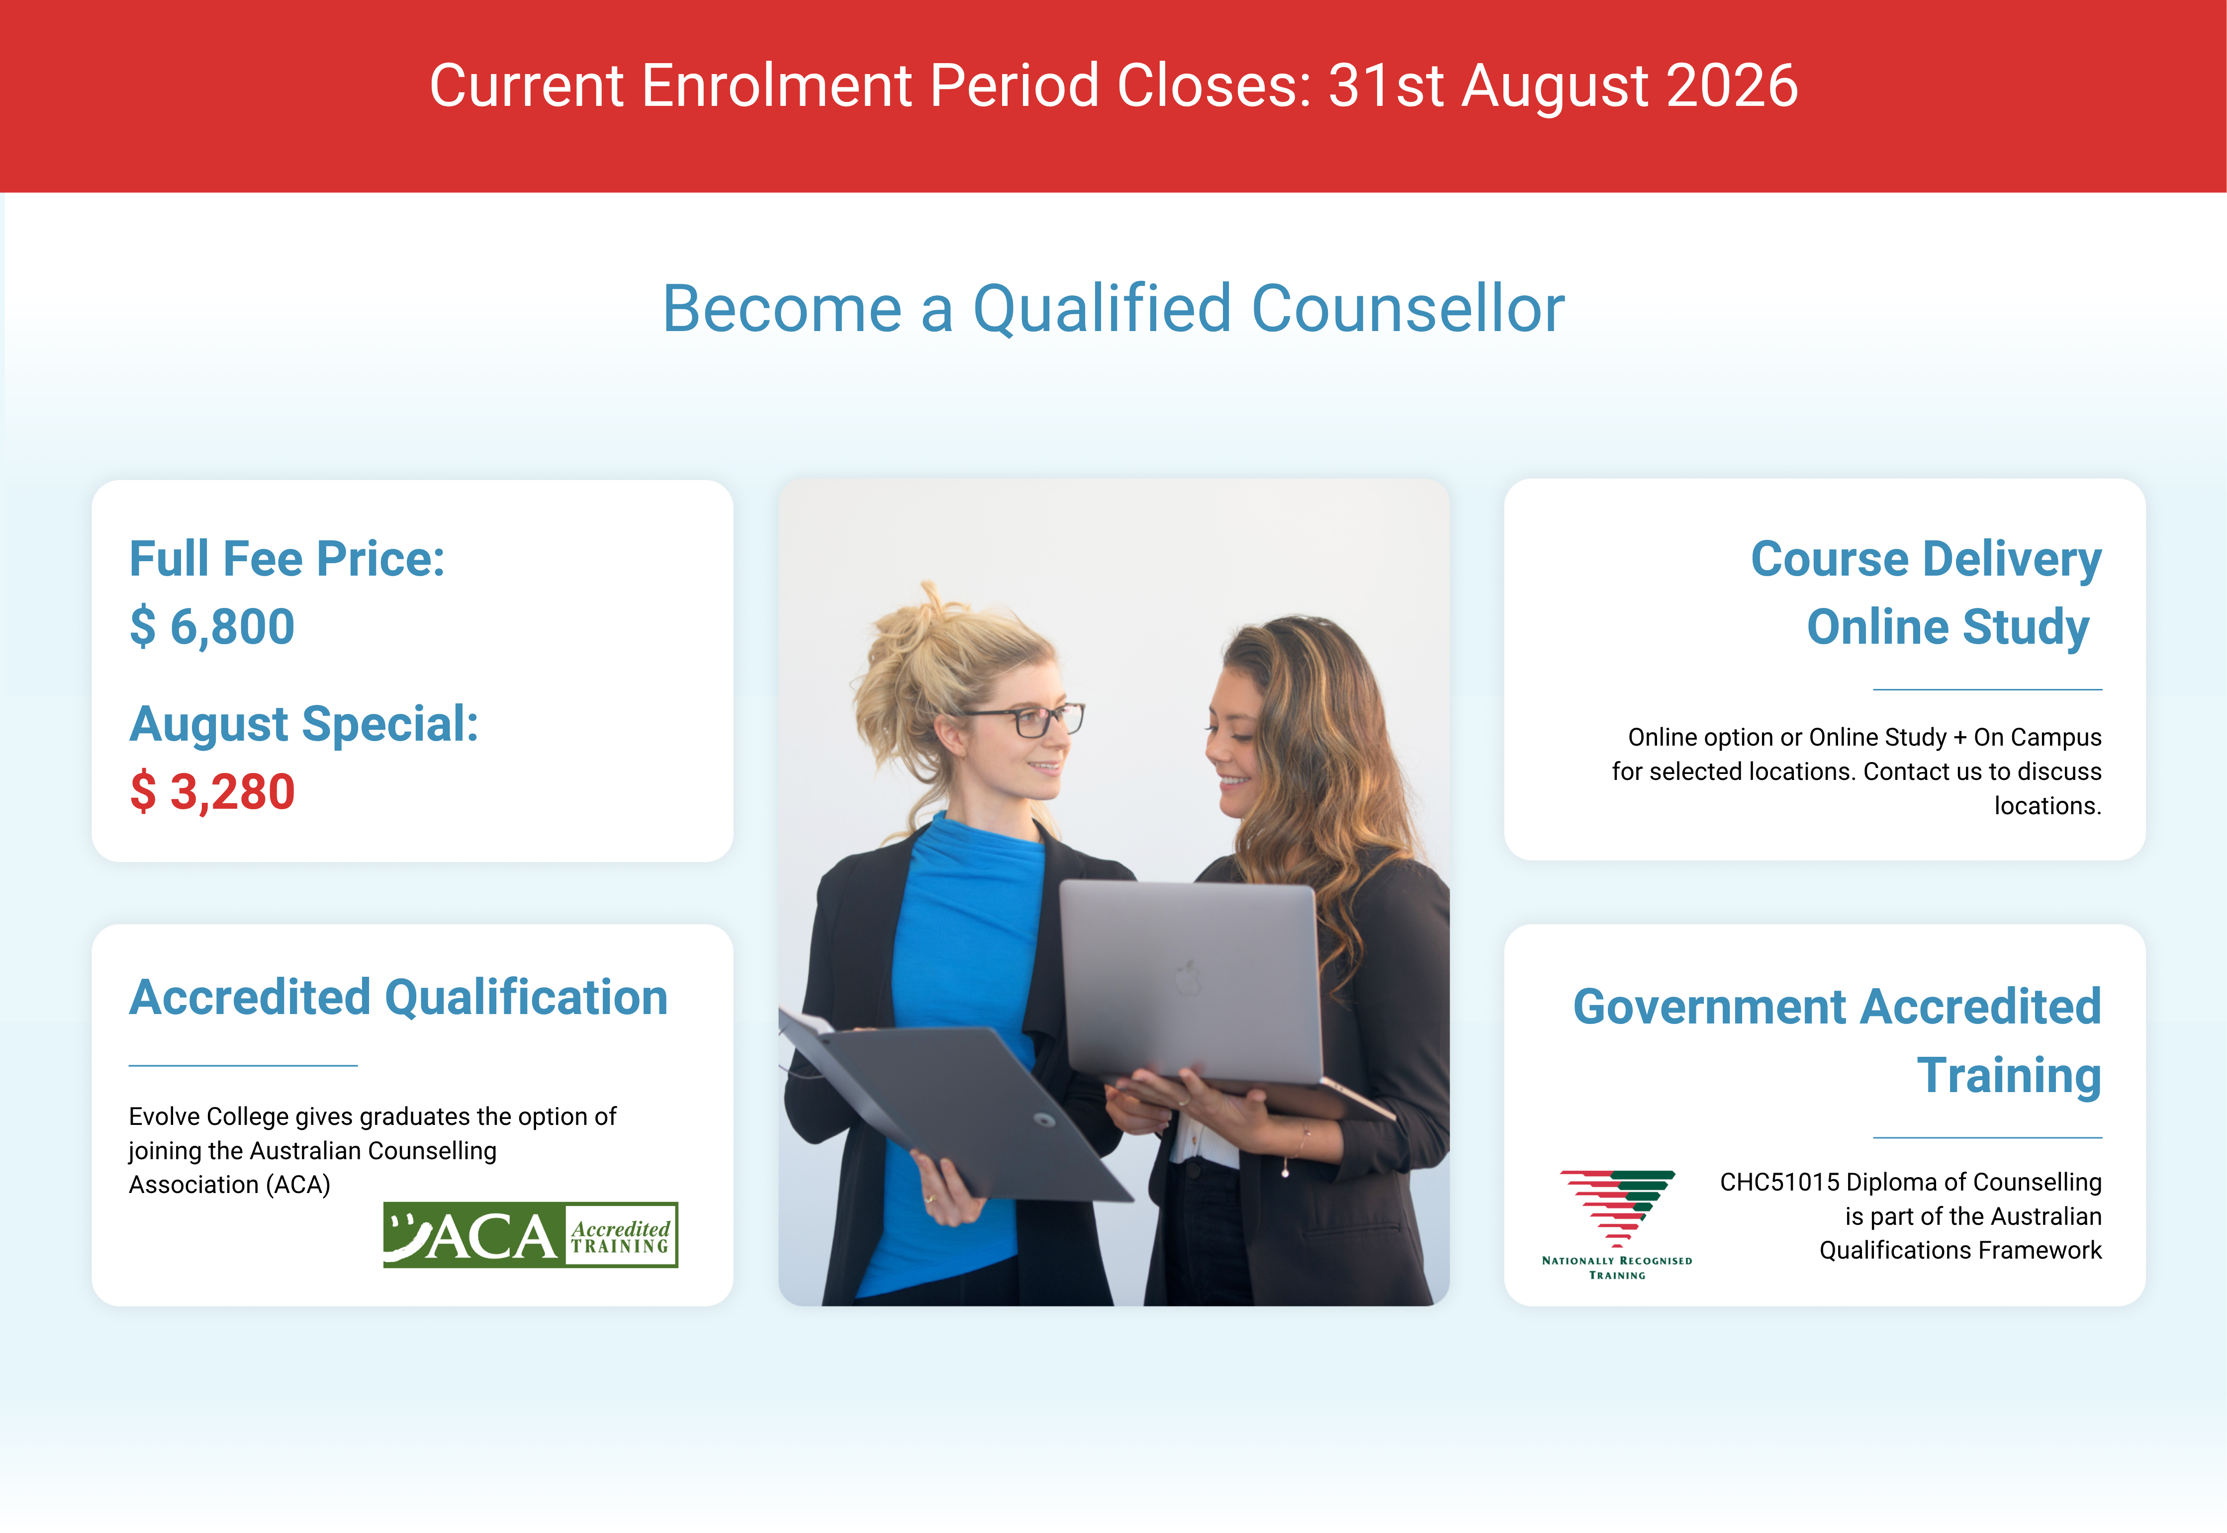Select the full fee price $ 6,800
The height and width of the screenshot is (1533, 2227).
212,627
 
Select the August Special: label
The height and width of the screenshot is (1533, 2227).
303,724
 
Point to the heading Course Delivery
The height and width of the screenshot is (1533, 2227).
1926,560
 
